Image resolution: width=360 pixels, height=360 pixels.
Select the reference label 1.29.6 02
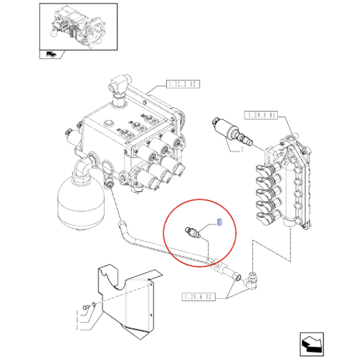point(198,296)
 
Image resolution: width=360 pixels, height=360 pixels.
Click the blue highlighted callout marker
point(219,222)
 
